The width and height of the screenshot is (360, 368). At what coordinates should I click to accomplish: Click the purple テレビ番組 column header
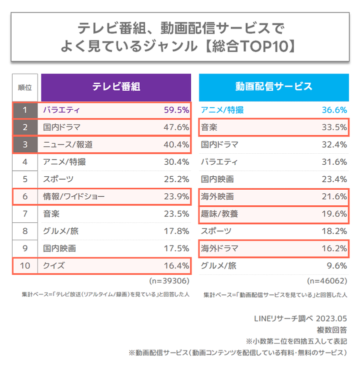click(x=116, y=86)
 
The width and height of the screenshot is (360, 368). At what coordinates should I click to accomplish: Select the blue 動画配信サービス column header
click(x=274, y=86)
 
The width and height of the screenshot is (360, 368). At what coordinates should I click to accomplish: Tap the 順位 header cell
click(x=25, y=87)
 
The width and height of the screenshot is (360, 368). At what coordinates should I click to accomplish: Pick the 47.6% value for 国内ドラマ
click(x=176, y=127)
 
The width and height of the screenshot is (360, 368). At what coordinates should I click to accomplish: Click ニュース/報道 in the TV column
click(x=68, y=145)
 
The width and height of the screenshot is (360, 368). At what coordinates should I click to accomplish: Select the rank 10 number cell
click(x=25, y=265)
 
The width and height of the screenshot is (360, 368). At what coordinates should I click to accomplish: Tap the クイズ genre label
click(x=54, y=265)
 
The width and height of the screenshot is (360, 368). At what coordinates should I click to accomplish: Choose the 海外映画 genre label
click(x=217, y=196)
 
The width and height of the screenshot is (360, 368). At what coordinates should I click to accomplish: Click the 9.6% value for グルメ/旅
click(x=336, y=266)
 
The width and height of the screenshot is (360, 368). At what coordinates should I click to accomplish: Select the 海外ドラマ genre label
click(x=220, y=248)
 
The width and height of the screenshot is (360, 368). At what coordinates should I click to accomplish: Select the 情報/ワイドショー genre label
click(x=74, y=197)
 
